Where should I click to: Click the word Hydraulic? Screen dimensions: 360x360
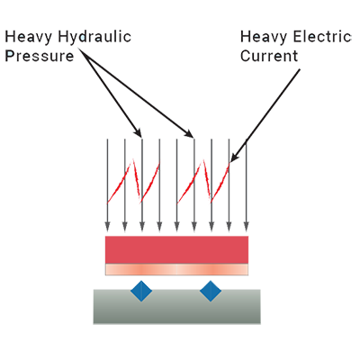[94, 37]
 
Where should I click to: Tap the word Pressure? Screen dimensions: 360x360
[40, 56]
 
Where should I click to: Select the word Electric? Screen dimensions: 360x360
[322, 37]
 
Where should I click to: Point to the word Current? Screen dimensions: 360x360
[269, 56]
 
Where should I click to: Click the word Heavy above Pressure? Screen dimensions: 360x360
[29, 37]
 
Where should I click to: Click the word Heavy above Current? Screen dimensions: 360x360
[264, 37]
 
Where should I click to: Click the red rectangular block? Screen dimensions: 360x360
[176, 250]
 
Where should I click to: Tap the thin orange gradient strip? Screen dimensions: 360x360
[176, 269]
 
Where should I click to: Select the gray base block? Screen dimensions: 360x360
[176, 307]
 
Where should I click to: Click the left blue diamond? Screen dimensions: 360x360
[141, 291]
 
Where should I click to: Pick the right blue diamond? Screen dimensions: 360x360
[211, 291]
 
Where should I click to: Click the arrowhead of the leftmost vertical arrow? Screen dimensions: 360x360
[107, 227]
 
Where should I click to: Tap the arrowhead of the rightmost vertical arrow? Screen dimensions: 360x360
[247, 227]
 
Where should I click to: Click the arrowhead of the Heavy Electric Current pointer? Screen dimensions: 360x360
[234, 157]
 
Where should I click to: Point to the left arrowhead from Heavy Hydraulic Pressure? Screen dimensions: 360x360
[138, 132]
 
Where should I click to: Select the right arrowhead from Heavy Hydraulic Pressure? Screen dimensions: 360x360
[189, 133]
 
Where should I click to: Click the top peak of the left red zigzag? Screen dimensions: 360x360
[132, 161]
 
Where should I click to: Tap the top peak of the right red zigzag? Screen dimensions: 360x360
[203, 161]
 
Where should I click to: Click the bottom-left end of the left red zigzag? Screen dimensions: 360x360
[108, 203]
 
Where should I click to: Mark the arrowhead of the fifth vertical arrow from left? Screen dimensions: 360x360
[176, 227]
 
